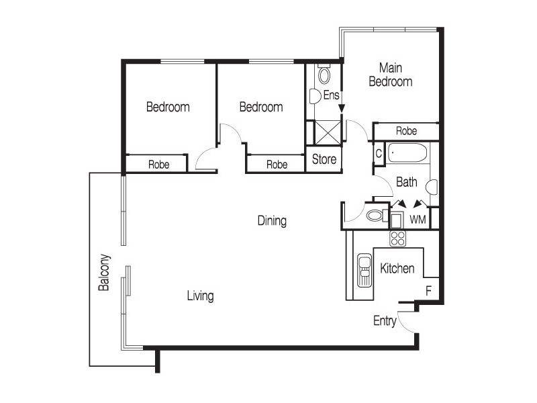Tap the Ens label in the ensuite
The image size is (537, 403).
(x=331, y=95)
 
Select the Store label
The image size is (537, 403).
(x=324, y=160)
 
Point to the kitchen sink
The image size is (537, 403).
(x=364, y=269)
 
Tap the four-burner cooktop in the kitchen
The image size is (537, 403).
(x=398, y=238)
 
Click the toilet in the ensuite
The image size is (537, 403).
(x=324, y=74)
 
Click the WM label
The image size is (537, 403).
(x=418, y=220)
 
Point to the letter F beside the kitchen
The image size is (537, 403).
(x=428, y=291)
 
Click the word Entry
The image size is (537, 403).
(x=385, y=321)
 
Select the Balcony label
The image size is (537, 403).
(x=104, y=272)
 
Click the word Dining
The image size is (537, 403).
(x=272, y=220)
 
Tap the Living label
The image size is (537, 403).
(x=200, y=296)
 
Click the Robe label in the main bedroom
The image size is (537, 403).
(x=407, y=131)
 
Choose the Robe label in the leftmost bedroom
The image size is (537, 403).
(x=158, y=164)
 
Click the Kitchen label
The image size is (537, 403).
(x=397, y=269)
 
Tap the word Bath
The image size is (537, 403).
(x=407, y=182)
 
